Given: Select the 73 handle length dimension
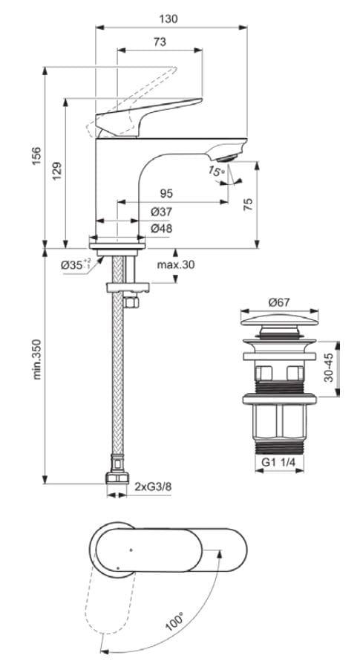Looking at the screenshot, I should coord(160,43).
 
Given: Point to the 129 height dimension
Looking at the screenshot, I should coord(56,172).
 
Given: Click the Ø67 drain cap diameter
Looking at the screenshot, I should coord(278,302).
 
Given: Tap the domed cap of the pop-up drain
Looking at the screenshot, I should coord(278,325).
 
